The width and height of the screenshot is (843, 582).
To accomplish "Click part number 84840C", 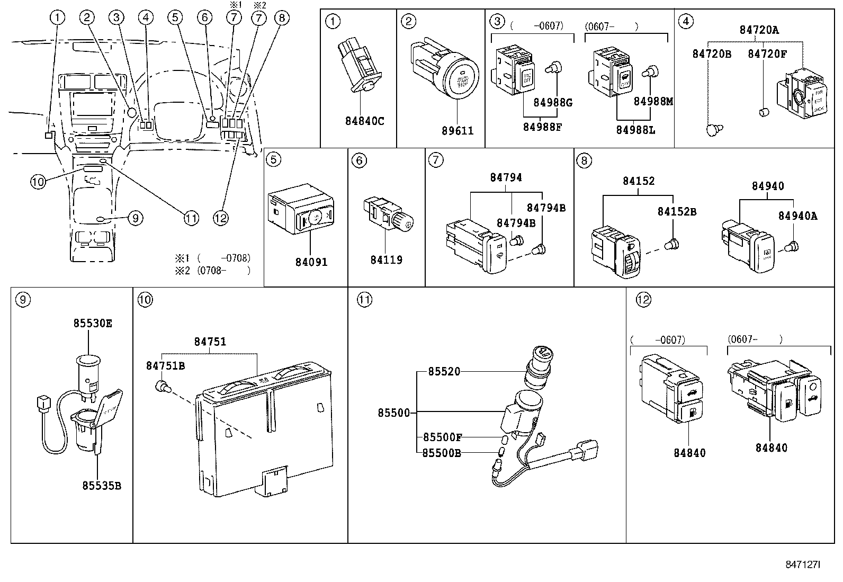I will tap(364, 121).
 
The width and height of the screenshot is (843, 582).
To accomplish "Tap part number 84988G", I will tap(553, 102).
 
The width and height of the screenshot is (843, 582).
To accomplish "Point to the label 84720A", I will tap(759, 30).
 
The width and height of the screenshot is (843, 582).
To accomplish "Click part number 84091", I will tap(312, 262).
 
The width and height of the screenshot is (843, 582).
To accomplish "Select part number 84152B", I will tap(677, 211).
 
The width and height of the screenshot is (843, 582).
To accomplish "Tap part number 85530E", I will tap(93, 323).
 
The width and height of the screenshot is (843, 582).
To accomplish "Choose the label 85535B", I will tap(102, 485).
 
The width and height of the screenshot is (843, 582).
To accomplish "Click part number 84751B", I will tap(165, 365).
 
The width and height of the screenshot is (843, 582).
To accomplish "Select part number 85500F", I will tap(442, 437).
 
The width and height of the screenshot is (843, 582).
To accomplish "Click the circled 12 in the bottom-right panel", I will tap(642, 300).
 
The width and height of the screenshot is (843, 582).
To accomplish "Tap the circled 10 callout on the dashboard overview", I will tap(38, 182).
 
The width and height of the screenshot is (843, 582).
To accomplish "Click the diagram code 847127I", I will tap(803, 565).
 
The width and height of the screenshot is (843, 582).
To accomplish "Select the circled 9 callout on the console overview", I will tap(134, 217).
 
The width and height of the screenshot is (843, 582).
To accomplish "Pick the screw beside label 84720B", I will tap(713, 129).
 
